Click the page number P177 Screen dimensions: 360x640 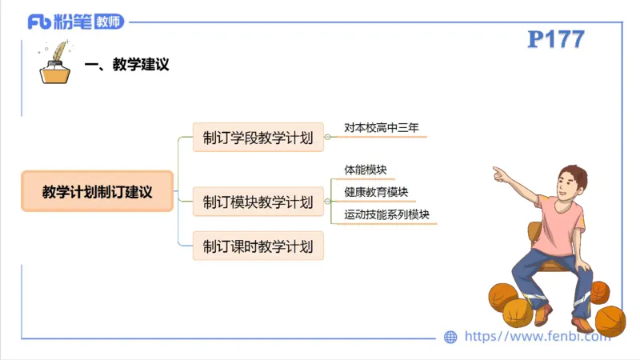coord(556,40)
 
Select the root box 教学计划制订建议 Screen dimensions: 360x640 coord(97,191)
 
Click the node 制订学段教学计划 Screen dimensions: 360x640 coord(258,137)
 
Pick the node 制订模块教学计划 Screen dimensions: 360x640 coord(258,201)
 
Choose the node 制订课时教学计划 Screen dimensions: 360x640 coord(258,245)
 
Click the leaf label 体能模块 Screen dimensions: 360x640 coord(366,170)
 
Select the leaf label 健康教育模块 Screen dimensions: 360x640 coord(376,192)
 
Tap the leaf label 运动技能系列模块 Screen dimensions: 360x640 coord(386,214)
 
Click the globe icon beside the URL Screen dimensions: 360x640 coord(450,337)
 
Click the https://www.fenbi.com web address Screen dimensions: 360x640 coord(537,337)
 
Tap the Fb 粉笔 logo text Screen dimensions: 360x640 coord(60,22)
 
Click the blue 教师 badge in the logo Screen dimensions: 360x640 coord(109,22)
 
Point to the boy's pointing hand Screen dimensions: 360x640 coord(500,173)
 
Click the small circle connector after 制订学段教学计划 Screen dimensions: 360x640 coord(328,137)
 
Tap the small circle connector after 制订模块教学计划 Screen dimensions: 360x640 coord(328,201)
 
